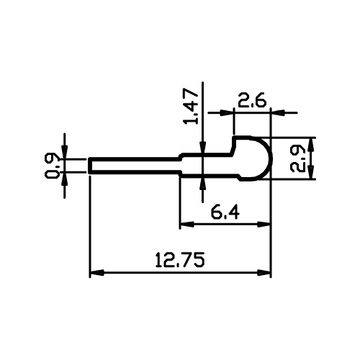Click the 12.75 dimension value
pos(180,260)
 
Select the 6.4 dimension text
pos(225,212)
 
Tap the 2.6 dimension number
pos(252,100)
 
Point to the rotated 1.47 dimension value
pos(191,106)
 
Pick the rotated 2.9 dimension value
pos(297,158)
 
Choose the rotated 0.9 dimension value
pos(51,165)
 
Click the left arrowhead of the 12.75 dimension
pos(97,273)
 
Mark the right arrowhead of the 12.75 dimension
pos(264,273)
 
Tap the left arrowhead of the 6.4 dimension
pos(186,225)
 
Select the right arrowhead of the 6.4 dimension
pos(264,225)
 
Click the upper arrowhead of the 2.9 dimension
pos(312,145)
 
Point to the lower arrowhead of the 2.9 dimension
pos(312,172)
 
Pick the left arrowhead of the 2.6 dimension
pos(227,112)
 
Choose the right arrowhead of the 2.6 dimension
pos(278,112)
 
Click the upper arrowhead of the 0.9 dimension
pos(64,152)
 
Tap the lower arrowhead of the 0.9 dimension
pos(64,179)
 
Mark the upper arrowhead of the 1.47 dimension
pos(203,146)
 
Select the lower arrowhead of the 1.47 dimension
pos(203,184)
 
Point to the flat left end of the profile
pos(89,166)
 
